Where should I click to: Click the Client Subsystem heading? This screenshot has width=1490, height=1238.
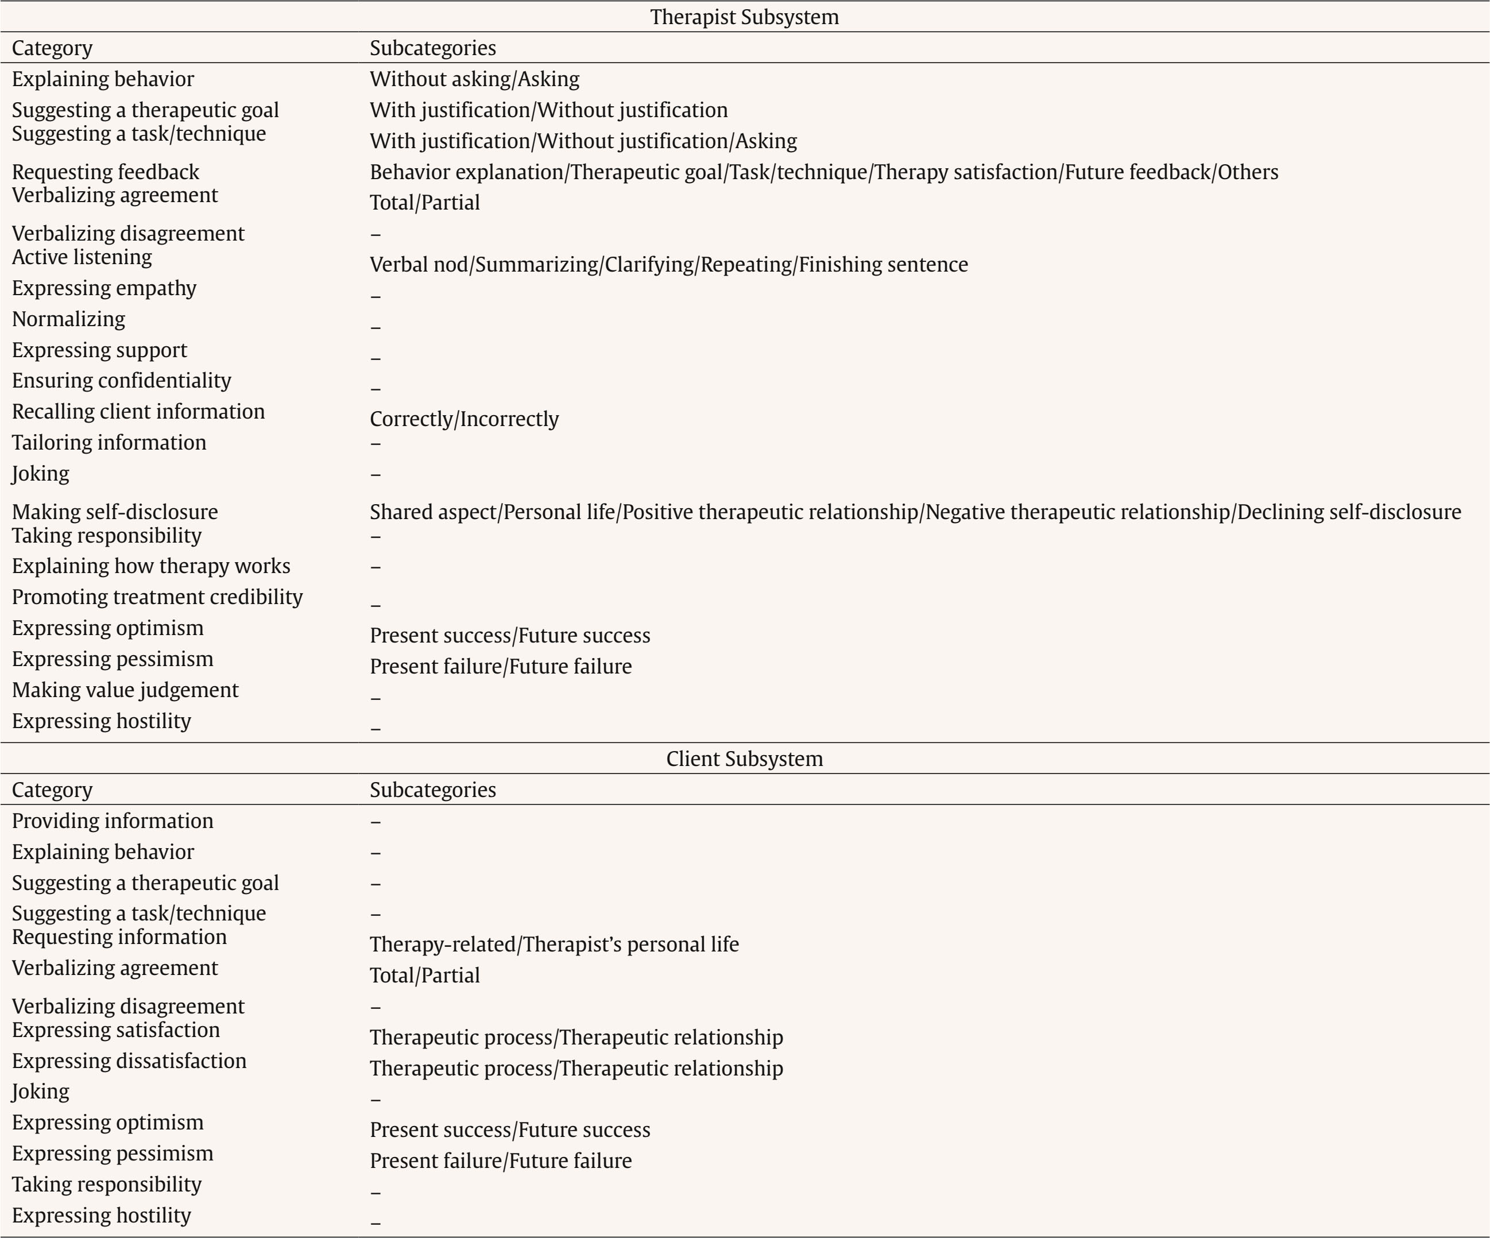pyautogui.click(x=744, y=759)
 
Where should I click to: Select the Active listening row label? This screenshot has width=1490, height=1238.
pyautogui.click(x=82, y=257)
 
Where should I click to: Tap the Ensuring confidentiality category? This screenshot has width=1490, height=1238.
pyautogui.click(x=121, y=380)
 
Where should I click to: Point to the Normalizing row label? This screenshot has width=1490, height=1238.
pyautogui.click(x=68, y=319)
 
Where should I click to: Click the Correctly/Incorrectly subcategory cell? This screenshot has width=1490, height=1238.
pyautogui.click(x=464, y=419)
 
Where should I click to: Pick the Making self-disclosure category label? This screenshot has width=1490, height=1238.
pyautogui.click(x=115, y=512)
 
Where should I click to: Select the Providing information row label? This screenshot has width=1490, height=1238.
pyautogui.click(x=112, y=821)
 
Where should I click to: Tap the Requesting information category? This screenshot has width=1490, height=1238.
pyautogui.click(x=119, y=937)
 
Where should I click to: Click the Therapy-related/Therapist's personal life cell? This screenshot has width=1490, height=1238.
pyautogui.click(x=554, y=944)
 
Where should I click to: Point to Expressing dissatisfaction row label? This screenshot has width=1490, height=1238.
pyautogui.click(x=129, y=1061)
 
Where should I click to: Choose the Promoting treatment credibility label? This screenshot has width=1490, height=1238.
pyautogui.click(x=157, y=597)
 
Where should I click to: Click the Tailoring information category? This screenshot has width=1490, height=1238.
pyautogui.click(x=109, y=442)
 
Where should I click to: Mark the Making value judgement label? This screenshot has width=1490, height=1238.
pyautogui.click(x=125, y=690)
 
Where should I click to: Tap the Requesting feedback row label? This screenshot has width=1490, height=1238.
pyautogui.click(x=105, y=172)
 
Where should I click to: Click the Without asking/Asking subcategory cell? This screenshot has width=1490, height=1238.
pyautogui.click(x=474, y=79)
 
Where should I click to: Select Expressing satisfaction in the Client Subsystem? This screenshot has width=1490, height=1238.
pyautogui.click(x=115, y=1030)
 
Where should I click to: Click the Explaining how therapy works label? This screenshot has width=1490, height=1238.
pyautogui.click(x=150, y=566)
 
